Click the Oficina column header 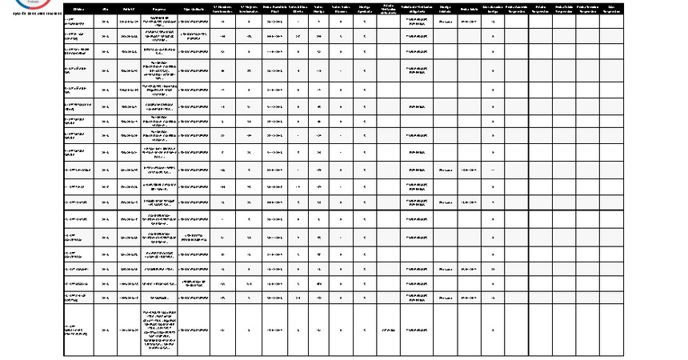pyautogui.click(x=78, y=8)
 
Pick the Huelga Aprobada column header pyautogui.click(x=364, y=8)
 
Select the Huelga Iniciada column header pyautogui.click(x=446, y=8)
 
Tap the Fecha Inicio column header pyautogui.click(x=469, y=8)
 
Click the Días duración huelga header pyautogui.click(x=493, y=8)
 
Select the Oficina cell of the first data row pyautogui.click(x=78, y=22)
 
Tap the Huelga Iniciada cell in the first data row pyautogui.click(x=446, y=22)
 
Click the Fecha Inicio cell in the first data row pyautogui.click(x=469, y=22)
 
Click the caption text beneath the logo pyautogui.click(x=32, y=14)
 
